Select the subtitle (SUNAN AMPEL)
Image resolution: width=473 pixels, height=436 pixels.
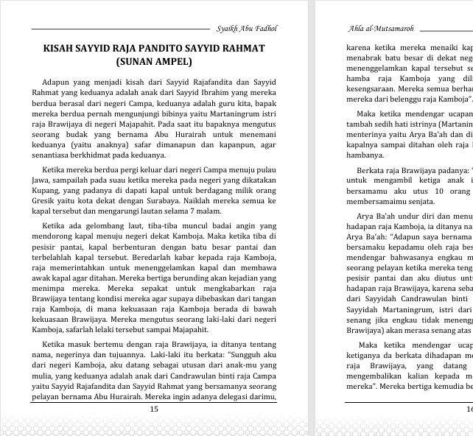pyautogui.click(x=153, y=63)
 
